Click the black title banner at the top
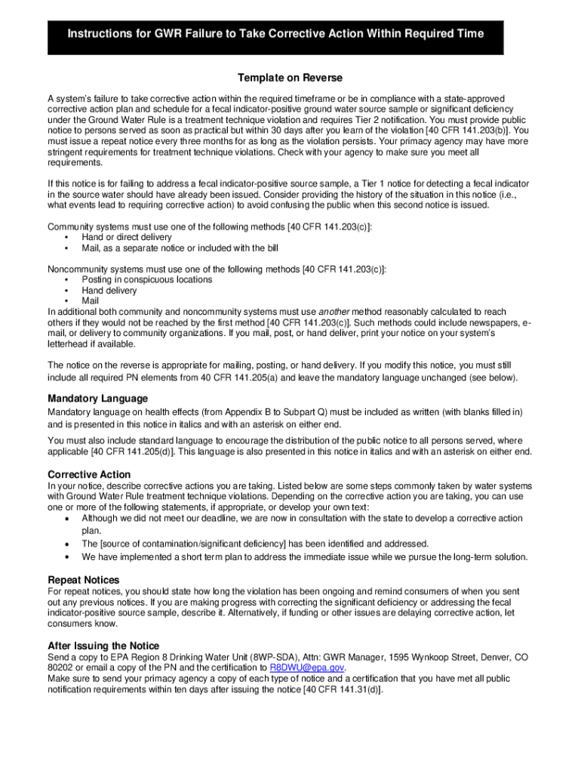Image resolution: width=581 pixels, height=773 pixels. (x=275, y=35)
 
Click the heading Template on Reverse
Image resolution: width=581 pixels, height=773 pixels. (x=290, y=78)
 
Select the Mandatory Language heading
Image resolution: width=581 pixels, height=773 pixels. (x=97, y=398)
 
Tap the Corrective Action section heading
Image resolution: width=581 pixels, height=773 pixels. (x=89, y=474)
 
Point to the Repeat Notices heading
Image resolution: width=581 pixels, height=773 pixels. (x=84, y=580)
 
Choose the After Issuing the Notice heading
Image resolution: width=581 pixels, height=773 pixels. (x=103, y=645)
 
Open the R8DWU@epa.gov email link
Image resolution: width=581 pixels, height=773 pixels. (x=308, y=668)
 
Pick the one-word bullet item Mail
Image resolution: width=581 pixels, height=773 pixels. (x=91, y=300)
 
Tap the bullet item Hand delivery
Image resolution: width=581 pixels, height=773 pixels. (x=109, y=290)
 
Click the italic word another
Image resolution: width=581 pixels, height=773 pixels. (x=334, y=312)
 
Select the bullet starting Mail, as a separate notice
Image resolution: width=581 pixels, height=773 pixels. (x=174, y=248)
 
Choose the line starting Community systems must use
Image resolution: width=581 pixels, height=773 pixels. (x=210, y=226)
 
